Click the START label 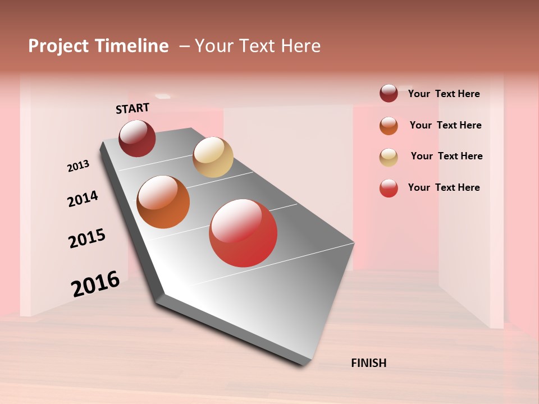coord(133,108)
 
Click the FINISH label coord(368,363)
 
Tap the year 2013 coord(78,166)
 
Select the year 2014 coord(83,199)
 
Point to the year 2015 coord(87,238)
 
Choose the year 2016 coord(95,284)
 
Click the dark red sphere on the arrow coord(137,138)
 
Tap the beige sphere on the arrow coord(213,157)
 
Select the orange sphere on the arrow coord(163,202)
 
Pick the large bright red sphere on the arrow coord(243,233)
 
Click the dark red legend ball coord(389,93)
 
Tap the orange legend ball coord(389,126)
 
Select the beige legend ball coord(389,157)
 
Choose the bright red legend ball coord(389,188)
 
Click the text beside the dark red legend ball coord(444,94)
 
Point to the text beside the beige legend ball coord(446,156)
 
